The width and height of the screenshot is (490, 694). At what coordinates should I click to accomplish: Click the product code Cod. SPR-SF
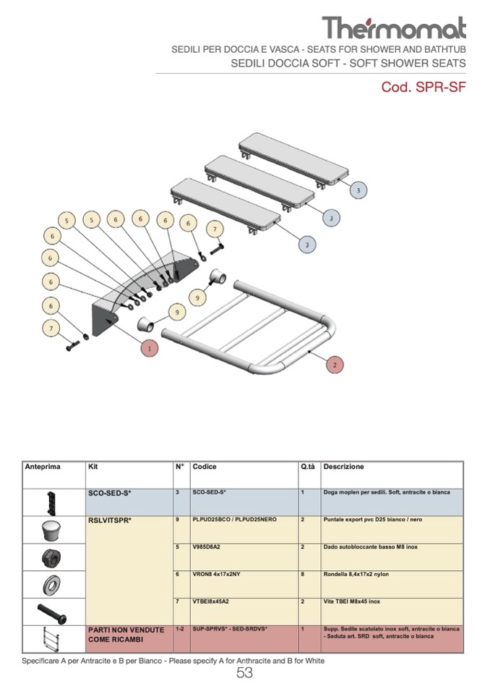pyautogui.click(x=423, y=88)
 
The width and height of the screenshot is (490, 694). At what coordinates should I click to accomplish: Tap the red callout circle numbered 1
pyautogui.click(x=148, y=347)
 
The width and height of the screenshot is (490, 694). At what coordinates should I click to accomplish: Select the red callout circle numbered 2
pyautogui.click(x=334, y=365)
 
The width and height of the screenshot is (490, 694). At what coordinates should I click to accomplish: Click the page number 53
pyautogui.click(x=245, y=674)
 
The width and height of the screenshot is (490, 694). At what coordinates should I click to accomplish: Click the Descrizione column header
pyautogui.click(x=344, y=467)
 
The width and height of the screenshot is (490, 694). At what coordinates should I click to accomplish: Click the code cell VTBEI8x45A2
pyautogui.click(x=211, y=601)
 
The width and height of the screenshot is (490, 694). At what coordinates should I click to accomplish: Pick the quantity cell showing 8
pyautogui.click(x=303, y=575)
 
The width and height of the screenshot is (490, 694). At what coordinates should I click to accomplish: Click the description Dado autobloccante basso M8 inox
pyautogui.click(x=371, y=547)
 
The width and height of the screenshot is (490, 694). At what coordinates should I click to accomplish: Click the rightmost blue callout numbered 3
pyautogui.click(x=358, y=190)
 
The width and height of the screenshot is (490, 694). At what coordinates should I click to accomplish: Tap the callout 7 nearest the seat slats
pyautogui.click(x=213, y=229)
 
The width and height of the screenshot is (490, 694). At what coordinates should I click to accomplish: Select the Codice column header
pyautogui.click(x=205, y=467)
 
